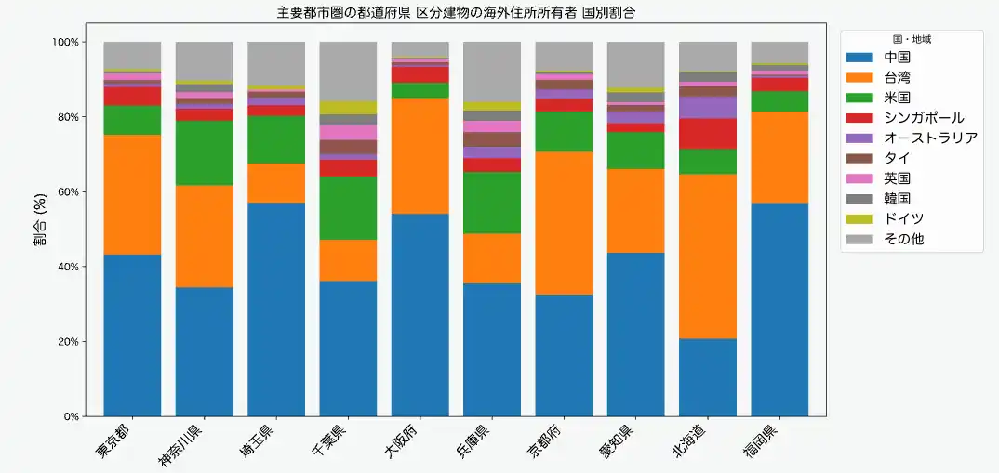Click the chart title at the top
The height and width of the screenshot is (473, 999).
[462, 12]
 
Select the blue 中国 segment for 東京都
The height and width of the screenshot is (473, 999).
[132, 335]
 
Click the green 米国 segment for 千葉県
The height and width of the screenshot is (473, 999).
[348, 208]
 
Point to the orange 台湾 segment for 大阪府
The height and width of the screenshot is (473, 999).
[420, 155]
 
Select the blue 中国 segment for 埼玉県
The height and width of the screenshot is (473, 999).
[276, 309]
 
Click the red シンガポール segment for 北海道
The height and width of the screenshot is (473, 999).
[708, 134]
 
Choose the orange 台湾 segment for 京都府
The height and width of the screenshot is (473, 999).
[564, 223]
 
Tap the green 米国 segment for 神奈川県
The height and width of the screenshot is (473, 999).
[204, 153]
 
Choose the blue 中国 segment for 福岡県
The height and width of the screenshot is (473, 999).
[779, 309]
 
